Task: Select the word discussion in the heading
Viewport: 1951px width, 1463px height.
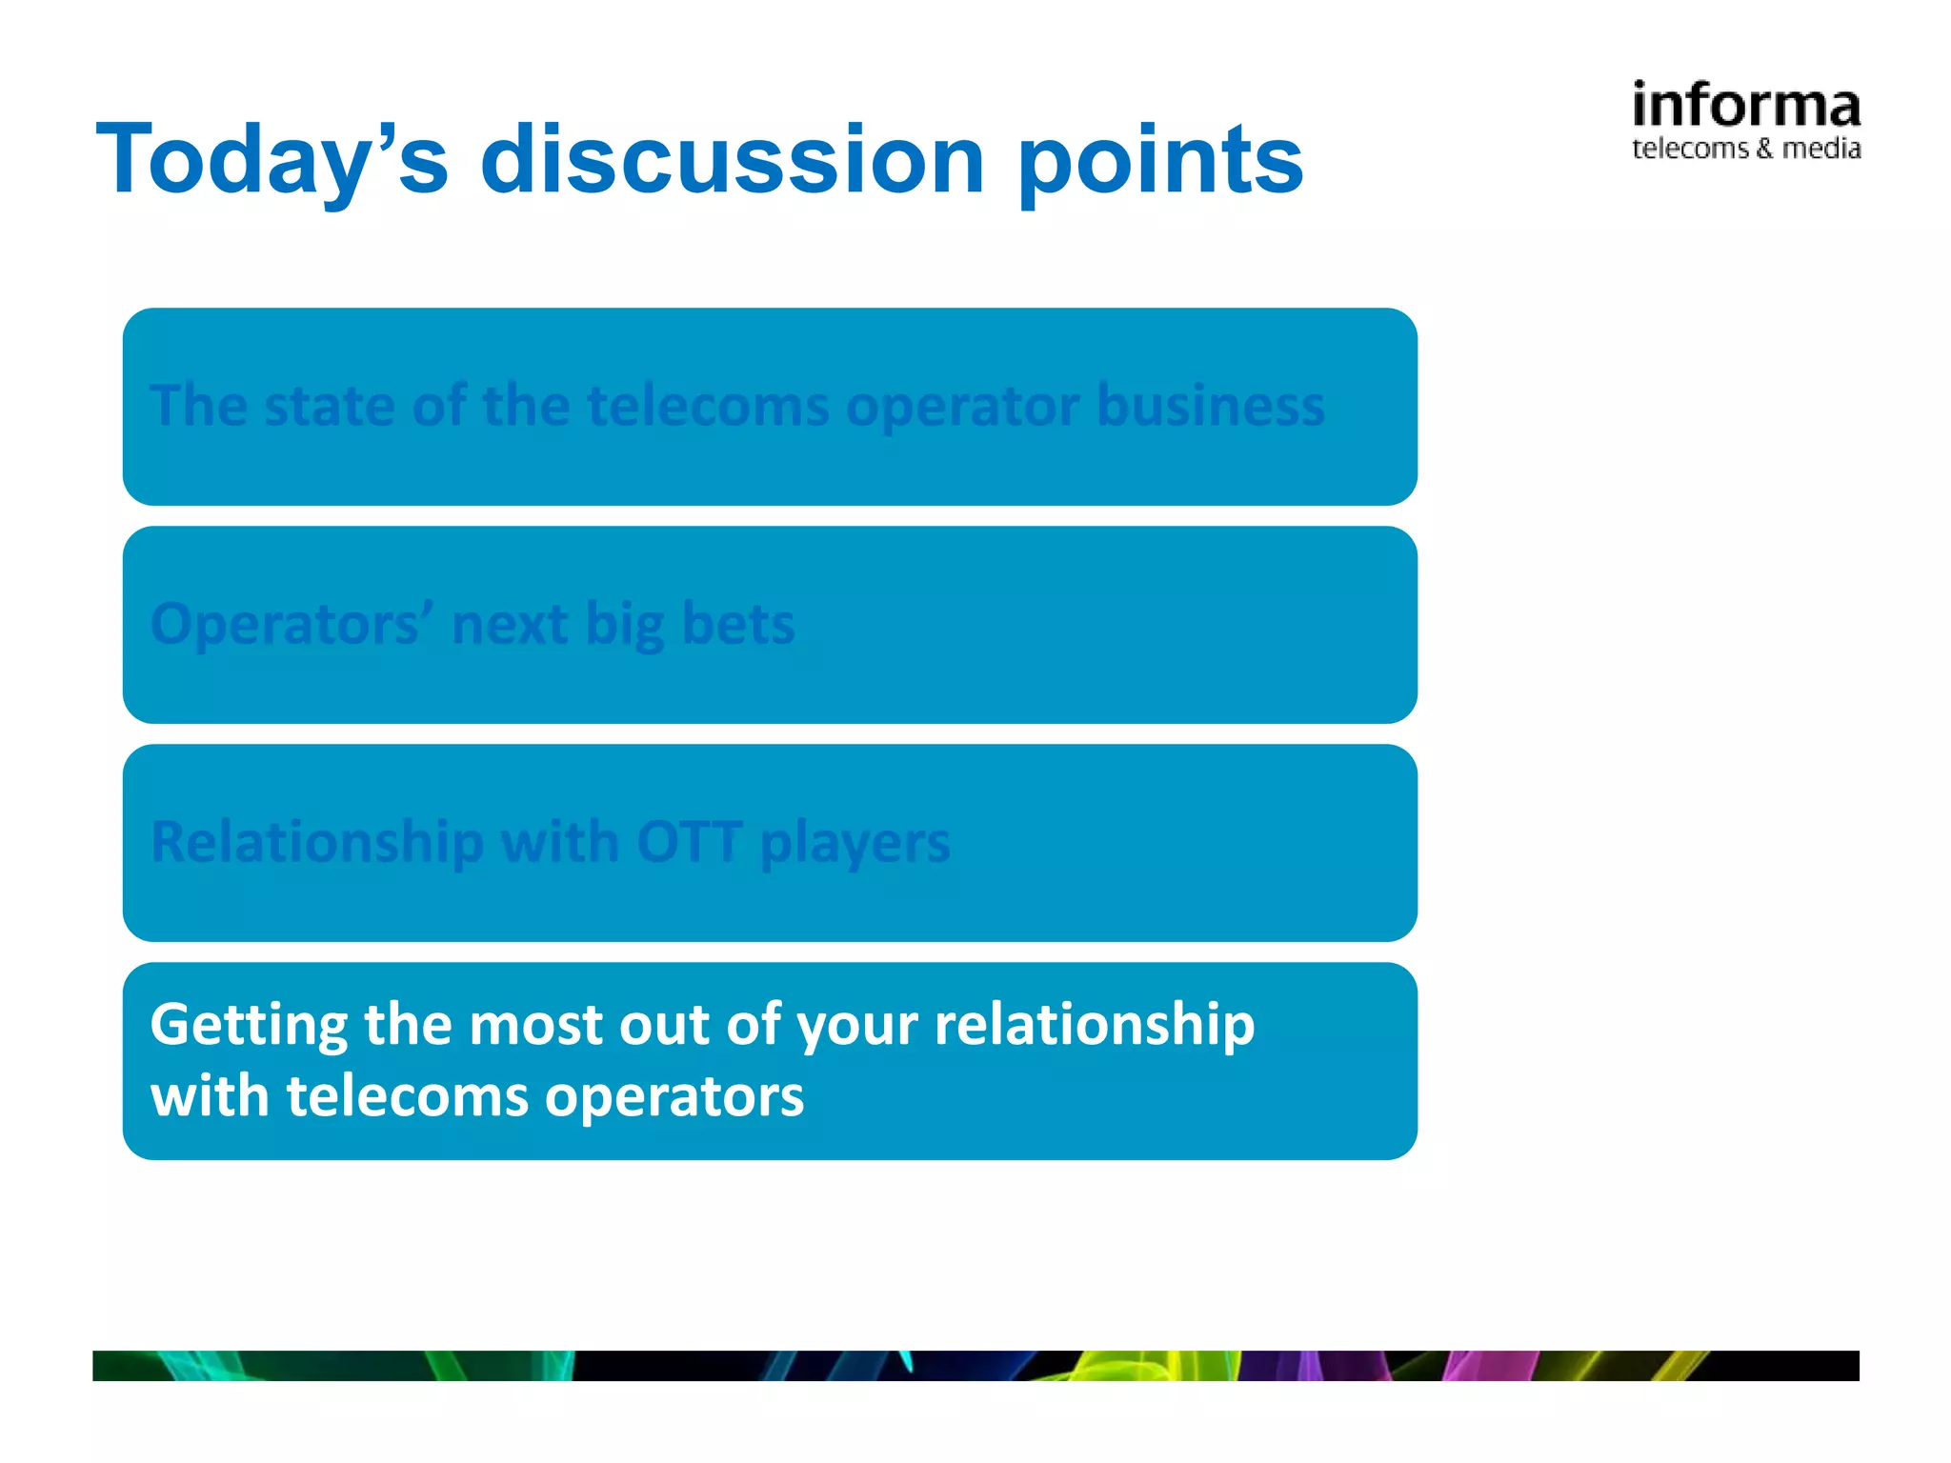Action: click(732, 160)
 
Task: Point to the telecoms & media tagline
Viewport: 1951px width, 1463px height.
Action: click(1745, 149)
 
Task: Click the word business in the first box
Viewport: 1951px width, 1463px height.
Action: click(1210, 406)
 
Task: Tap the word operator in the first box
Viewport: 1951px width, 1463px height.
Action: click(962, 408)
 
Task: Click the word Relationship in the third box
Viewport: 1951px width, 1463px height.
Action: click(317, 843)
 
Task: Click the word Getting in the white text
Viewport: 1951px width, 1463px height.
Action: click(249, 1026)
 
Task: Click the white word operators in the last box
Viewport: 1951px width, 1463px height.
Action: click(674, 1097)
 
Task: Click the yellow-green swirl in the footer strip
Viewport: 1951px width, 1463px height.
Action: click(1143, 1366)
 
